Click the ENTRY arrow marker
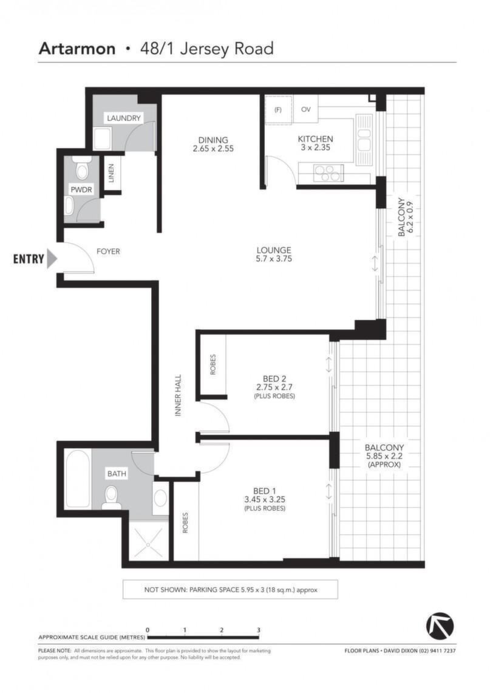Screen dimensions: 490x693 [52, 259]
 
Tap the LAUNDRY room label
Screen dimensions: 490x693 [124, 118]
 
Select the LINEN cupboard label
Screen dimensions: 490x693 [111, 173]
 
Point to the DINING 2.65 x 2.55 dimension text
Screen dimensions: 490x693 [213, 149]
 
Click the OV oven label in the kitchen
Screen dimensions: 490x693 [306, 109]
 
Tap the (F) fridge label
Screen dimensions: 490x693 [278, 109]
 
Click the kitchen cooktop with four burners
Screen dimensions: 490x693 [328, 173]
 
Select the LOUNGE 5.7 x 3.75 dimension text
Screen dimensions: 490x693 [274, 259]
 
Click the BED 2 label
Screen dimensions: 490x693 [274, 378]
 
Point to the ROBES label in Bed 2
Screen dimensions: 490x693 [213, 364]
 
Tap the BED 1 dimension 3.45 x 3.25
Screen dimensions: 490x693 [265, 499]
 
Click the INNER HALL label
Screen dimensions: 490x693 [179, 395]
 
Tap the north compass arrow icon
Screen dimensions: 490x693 [440, 626]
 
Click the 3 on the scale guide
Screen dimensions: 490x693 [259, 630]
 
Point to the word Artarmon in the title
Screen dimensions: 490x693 [77, 49]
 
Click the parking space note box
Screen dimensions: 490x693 [230, 590]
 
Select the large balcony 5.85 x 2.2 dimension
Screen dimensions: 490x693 [384, 456]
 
